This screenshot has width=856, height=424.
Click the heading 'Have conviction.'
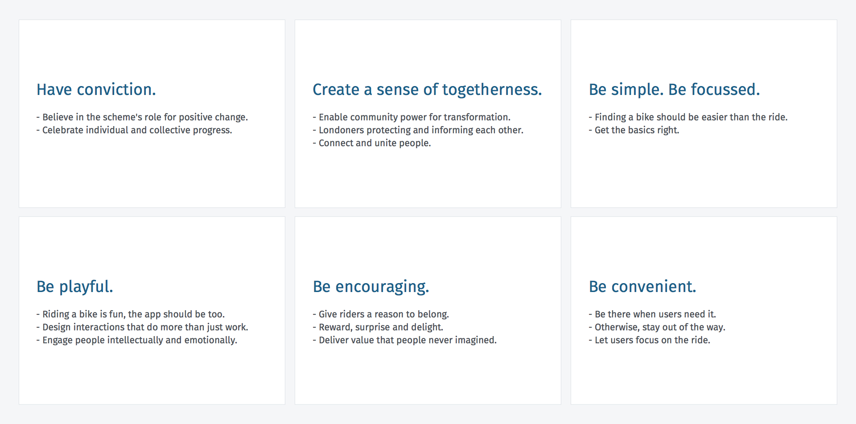[x=96, y=90]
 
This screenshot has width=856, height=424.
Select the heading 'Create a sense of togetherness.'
[x=427, y=90]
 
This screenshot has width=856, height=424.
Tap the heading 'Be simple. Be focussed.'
[x=674, y=90]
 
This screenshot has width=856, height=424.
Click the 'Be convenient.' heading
[x=642, y=287]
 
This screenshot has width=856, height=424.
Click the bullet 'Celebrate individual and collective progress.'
[x=134, y=130]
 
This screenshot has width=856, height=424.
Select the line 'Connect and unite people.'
[x=372, y=143]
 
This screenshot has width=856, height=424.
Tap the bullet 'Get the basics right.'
[x=634, y=130]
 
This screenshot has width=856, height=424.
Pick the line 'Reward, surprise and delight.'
[x=378, y=327]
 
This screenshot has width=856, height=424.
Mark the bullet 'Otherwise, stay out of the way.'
[x=657, y=327]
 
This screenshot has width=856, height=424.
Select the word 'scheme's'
[x=121, y=117]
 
